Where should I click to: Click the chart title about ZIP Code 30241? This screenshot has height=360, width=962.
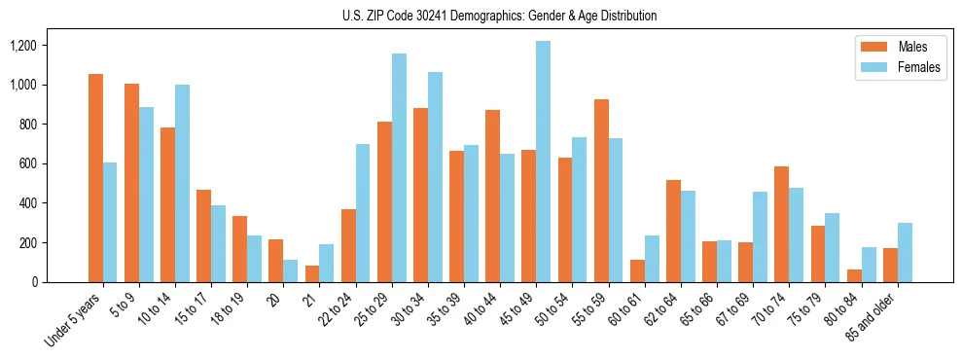499,16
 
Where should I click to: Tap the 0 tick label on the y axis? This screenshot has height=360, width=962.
34,282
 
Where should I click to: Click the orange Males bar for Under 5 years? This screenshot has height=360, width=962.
95,178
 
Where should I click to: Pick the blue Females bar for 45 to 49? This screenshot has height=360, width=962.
543,162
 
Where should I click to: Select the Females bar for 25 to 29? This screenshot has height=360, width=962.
399,167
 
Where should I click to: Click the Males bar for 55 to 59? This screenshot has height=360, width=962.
600,191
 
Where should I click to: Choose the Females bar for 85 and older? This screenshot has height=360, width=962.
904,253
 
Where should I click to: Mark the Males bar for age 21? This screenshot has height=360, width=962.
312,273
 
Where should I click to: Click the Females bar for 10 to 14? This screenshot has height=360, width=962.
182,183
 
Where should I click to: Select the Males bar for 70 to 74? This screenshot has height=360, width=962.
781,224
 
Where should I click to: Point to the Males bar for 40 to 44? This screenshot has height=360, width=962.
492,196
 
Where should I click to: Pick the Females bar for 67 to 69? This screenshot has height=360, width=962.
760,236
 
